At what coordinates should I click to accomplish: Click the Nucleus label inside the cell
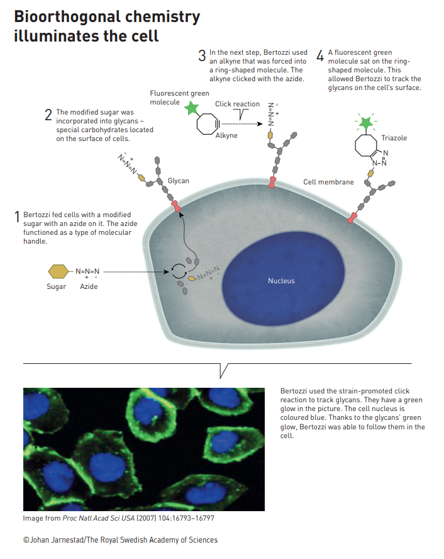(x=281, y=281)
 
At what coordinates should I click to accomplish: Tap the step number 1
(x=17, y=217)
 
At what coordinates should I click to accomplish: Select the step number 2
(x=48, y=115)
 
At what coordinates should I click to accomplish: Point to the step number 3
(x=202, y=55)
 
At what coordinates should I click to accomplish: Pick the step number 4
(x=320, y=55)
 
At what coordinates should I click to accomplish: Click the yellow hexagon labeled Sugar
(x=58, y=271)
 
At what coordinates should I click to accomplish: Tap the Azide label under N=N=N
(x=89, y=286)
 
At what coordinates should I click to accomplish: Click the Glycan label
(x=179, y=181)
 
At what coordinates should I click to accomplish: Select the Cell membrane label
(x=328, y=182)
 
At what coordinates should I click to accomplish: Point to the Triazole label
(x=394, y=138)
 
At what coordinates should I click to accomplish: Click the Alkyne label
(x=226, y=135)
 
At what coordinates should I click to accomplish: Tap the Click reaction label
(x=237, y=104)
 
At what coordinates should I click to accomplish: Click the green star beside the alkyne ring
(x=192, y=108)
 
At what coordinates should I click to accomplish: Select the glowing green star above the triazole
(x=365, y=123)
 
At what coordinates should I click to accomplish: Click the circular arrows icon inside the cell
(x=179, y=271)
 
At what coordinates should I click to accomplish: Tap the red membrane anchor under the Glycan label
(x=175, y=206)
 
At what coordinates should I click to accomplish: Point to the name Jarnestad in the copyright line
(x=67, y=539)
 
